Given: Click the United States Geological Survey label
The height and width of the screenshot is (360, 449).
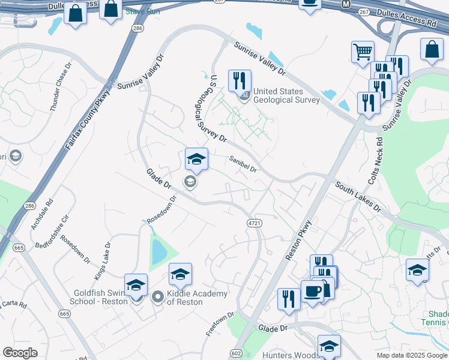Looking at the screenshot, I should [286, 95].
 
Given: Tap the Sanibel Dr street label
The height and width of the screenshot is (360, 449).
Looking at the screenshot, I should [243, 164].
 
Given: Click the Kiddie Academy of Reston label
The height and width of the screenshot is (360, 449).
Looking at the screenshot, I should [189, 297].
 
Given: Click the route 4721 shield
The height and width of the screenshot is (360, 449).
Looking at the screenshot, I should [254, 223].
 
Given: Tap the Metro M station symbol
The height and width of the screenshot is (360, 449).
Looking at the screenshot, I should [346, 4].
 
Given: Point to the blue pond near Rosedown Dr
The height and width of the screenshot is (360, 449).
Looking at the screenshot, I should [158, 251].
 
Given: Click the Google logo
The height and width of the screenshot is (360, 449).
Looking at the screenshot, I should [20, 353].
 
